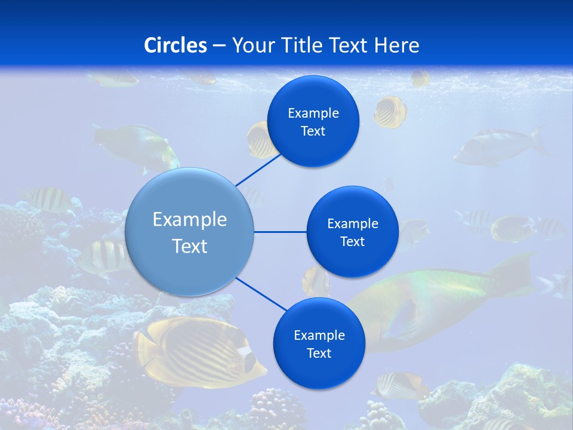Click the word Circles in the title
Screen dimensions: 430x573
pyautogui.click(x=175, y=45)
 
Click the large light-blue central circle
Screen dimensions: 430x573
pyautogui.click(x=189, y=232)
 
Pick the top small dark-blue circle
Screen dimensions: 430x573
pyautogui.click(x=313, y=121)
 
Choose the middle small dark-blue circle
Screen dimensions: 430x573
pyautogui.click(x=352, y=232)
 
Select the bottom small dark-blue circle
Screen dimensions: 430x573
pyautogui.click(x=319, y=343)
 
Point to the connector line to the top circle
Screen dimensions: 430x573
pyautogui.click(x=258, y=170)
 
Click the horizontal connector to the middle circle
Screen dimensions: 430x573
pyautogui.click(x=281, y=232)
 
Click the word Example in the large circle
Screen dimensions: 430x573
pyautogui.click(x=189, y=220)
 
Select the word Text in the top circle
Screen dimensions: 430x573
pyautogui.click(x=313, y=131)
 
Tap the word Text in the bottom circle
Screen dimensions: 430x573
pyautogui.click(x=319, y=354)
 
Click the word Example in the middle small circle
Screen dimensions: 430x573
pyautogui.click(x=352, y=223)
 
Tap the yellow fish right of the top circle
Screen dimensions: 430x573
pyautogui.click(x=390, y=112)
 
